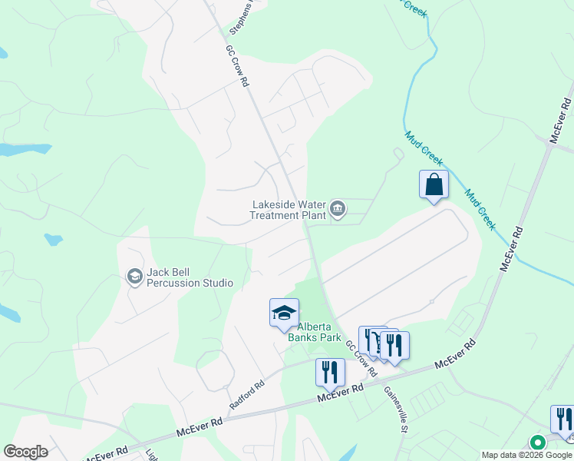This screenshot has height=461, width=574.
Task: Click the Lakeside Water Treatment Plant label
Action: (289, 210)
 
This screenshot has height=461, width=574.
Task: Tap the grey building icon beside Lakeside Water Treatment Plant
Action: (338, 208)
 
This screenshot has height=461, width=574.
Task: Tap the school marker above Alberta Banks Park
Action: (284, 312)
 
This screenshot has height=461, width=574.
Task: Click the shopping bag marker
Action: (434, 184)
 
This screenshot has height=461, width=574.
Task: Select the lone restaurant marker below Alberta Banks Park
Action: (330, 373)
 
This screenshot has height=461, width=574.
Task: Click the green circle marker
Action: (538, 442)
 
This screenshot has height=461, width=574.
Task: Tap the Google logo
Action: (25, 452)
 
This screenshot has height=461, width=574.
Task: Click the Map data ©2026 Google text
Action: (527, 455)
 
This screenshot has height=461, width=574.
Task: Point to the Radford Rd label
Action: (246, 394)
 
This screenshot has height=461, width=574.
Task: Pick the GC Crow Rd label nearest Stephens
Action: (238, 65)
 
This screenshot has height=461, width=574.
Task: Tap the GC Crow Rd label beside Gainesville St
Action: (361, 358)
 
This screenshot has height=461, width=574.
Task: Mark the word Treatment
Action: (275, 215)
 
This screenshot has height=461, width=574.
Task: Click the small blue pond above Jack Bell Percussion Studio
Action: (53, 240)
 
